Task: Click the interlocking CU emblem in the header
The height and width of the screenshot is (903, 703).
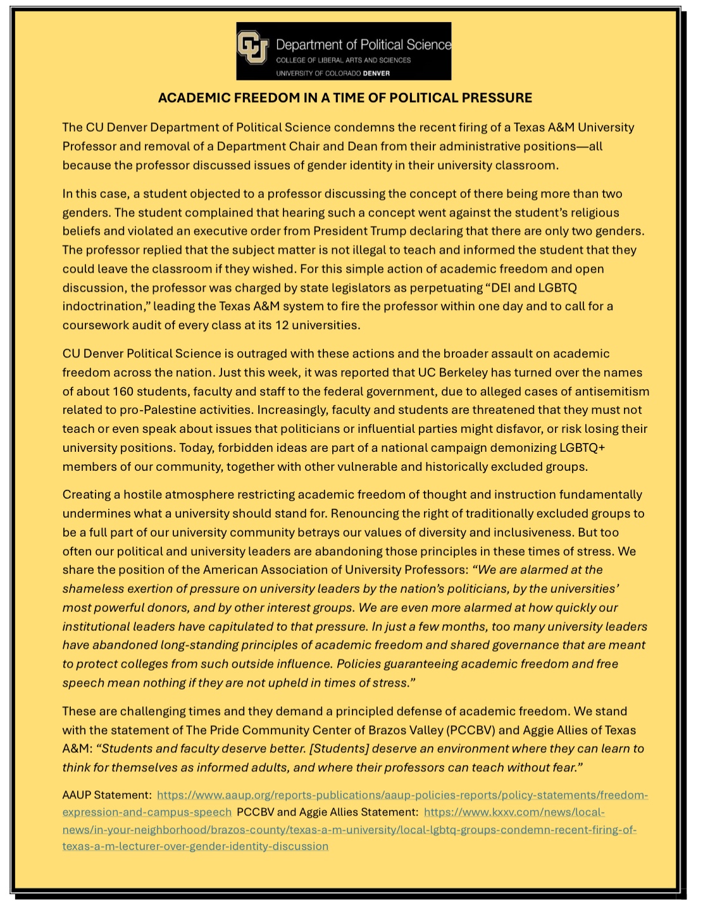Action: click(253, 50)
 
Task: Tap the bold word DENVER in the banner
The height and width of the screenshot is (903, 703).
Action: click(376, 73)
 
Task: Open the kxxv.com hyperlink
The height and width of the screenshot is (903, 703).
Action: click(514, 812)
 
